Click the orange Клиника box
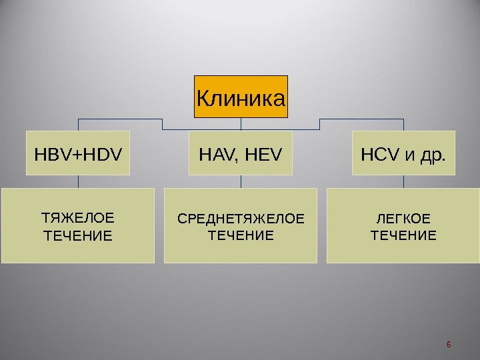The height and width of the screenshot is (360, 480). point(241,97)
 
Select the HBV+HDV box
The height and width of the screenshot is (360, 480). point(78,153)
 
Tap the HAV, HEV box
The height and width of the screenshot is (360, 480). point(241,153)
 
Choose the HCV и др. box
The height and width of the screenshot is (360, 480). point(403,153)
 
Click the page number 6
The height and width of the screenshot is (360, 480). point(449,344)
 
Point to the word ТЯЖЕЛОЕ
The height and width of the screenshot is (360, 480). point(78,218)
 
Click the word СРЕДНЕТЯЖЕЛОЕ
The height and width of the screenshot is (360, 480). point(241,218)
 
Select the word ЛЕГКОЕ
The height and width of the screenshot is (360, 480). point(403,218)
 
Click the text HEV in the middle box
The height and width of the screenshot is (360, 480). point(264,155)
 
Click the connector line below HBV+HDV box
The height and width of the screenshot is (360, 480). point(78,181)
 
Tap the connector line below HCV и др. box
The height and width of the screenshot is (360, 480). point(403,181)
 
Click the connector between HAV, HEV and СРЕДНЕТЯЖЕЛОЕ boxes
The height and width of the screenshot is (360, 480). point(241,181)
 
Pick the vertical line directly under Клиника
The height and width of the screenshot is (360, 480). point(241,124)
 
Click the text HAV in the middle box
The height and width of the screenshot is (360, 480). point(214,155)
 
